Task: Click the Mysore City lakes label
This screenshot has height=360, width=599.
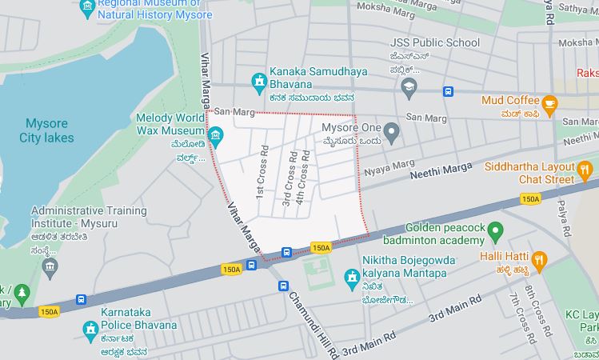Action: tap(46, 130)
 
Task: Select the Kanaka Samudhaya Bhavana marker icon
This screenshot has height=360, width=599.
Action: tap(259, 80)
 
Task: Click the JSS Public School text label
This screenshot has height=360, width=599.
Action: tap(434, 42)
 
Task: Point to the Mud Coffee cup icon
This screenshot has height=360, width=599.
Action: tap(549, 103)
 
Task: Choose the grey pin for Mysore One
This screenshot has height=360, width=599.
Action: tap(391, 130)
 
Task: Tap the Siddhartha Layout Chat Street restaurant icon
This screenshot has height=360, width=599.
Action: tap(585, 169)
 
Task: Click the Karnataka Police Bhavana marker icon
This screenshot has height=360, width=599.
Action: tap(90, 327)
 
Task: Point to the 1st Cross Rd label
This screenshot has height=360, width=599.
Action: tap(261, 172)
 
